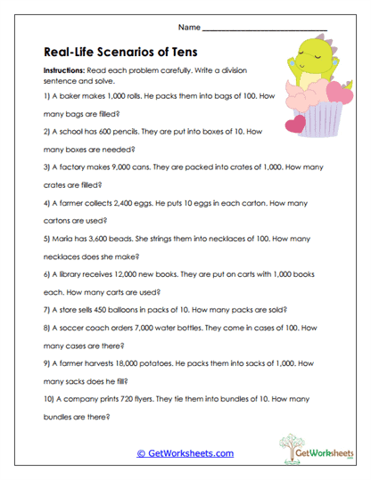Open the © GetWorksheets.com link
pyautogui.click(x=185, y=453)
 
